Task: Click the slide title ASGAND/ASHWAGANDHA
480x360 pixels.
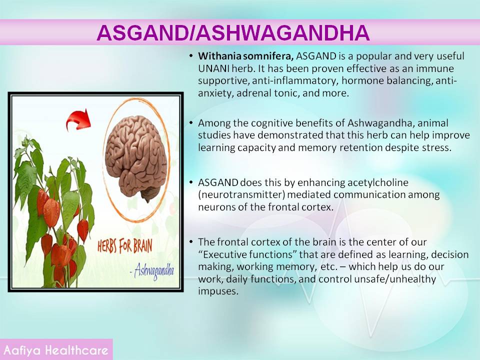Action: [x=233, y=33]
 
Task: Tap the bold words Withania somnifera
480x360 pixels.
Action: [x=246, y=56]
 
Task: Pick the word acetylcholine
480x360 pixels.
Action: [x=377, y=183]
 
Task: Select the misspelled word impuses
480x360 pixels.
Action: [x=218, y=291]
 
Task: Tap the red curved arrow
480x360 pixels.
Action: [x=78, y=119]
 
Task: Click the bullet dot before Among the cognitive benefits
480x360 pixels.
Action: [x=191, y=123]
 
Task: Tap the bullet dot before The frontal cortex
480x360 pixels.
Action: [x=191, y=242]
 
